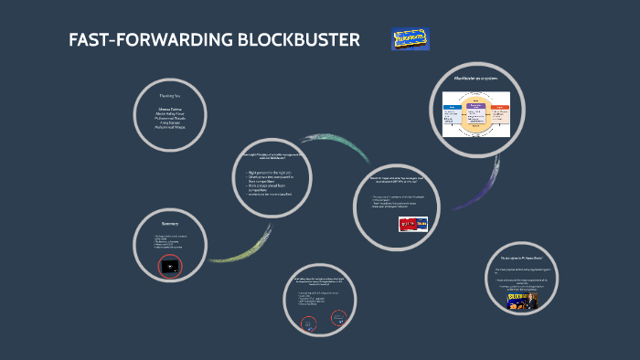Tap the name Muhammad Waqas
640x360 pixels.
[x=172, y=127]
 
